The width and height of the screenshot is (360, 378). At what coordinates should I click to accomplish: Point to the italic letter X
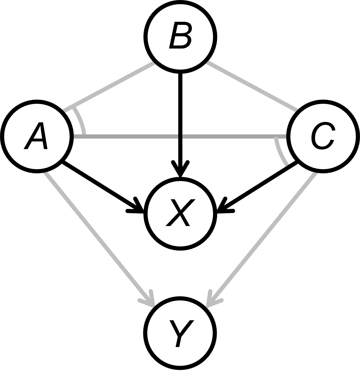point(180,212)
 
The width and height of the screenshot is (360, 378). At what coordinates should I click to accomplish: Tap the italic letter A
point(36,136)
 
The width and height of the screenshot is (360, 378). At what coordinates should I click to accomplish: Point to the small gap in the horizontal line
point(180,137)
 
